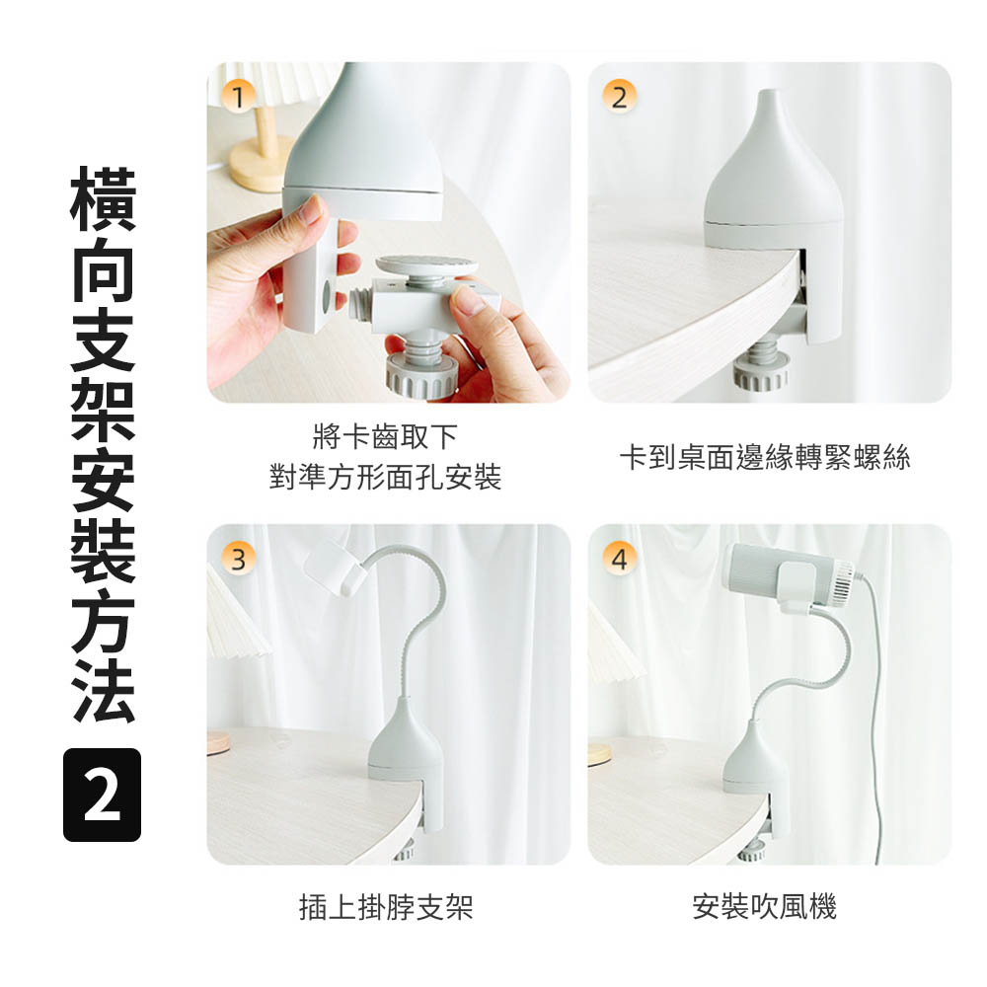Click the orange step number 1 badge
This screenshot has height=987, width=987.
tap(238, 97)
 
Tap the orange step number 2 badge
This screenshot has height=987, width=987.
tap(619, 97)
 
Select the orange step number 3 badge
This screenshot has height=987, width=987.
tap(238, 559)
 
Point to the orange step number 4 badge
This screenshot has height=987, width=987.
tap(619, 559)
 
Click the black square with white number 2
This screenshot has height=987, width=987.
tap(102, 795)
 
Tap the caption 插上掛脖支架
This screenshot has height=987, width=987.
tap(386, 907)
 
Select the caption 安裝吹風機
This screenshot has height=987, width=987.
tap(764, 907)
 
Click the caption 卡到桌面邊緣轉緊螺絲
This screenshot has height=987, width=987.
tap(765, 457)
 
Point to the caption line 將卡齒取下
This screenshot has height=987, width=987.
tap(385, 437)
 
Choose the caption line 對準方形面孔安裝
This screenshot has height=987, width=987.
tap(385, 477)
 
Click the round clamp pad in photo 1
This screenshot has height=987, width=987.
tap(426, 266)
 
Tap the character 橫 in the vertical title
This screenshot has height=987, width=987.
tap(103, 199)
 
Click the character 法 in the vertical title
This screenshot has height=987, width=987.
tap(103, 691)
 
